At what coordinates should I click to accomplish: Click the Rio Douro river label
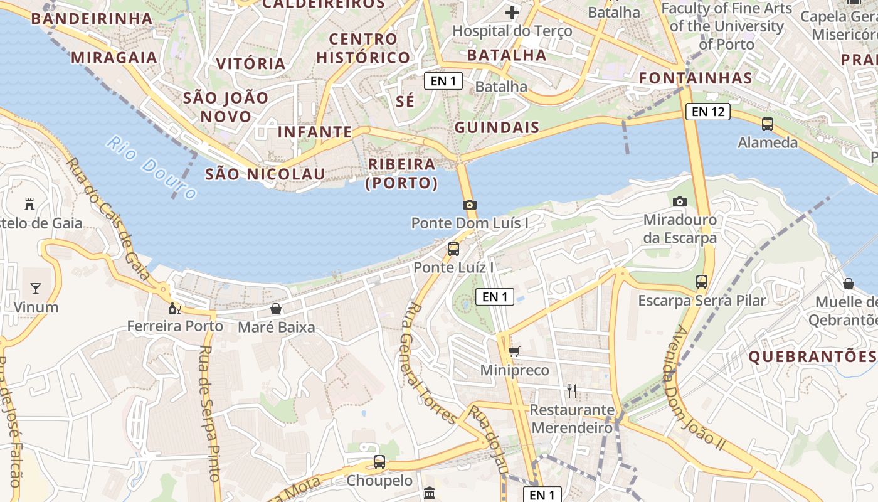tap(151, 167)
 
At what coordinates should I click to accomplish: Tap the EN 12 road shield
tap(708, 112)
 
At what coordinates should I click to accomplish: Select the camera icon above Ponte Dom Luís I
tap(469, 205)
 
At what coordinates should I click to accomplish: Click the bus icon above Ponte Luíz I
tap(453, 249)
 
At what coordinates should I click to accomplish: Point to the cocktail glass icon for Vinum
tap(36, 289)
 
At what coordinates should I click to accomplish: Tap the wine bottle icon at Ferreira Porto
tap(174, 308)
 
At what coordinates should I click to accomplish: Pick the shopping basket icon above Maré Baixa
tap(275, 309)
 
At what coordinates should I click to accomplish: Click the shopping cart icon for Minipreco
tap(514, 352)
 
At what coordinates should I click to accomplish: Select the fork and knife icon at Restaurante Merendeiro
tap(571, 391)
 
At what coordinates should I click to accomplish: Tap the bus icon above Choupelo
tap(379, 462)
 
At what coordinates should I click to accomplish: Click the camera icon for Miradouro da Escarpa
tap(679, 201)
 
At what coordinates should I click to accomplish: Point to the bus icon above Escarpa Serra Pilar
tap(702, 282)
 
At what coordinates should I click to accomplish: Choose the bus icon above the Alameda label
tap(768, 124)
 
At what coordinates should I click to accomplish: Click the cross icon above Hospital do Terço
tap(512, 12)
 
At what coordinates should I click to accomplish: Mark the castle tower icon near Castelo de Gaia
tap(29, 204)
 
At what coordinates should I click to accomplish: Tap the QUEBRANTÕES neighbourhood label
tap(812, 356)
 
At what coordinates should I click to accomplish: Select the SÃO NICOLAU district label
tap(265, 174)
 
